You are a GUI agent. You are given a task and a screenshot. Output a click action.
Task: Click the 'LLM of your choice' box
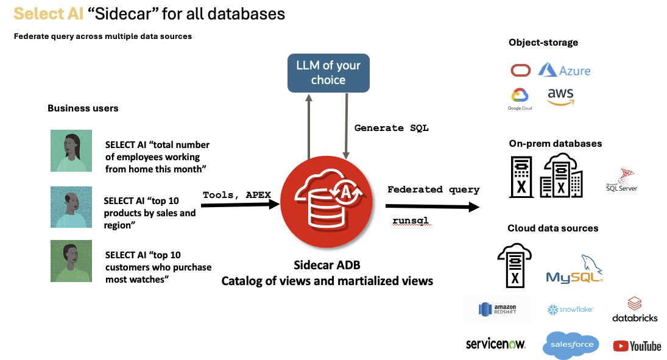[x=328, y=73]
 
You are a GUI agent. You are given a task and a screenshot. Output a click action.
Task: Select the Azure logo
[x=564, y=70]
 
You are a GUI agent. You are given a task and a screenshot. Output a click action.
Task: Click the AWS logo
[x=560, y=96]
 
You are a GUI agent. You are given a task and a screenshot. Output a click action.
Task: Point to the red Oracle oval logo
[x=520, y=71]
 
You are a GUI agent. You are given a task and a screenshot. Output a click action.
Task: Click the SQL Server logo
[x=621, y=180]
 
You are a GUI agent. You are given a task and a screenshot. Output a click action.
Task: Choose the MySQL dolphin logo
[x=575, y=270]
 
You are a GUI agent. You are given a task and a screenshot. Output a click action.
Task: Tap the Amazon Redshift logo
[x=497, y=309]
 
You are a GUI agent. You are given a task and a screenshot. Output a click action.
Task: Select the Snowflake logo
[x=570, y=310]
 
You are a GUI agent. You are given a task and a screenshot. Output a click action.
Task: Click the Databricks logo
[x=635, y=309]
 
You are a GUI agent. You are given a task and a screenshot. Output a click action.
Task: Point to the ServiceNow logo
[x=495, y=344]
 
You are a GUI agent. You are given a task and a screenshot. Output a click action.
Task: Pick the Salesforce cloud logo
[x=571, y=345]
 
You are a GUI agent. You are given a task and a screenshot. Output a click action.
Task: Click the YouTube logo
[x=637, y=346]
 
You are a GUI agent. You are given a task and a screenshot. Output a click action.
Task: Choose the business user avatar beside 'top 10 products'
[x=71, y=207]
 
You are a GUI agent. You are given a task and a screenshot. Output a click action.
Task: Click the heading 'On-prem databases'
[x=555, y=144]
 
